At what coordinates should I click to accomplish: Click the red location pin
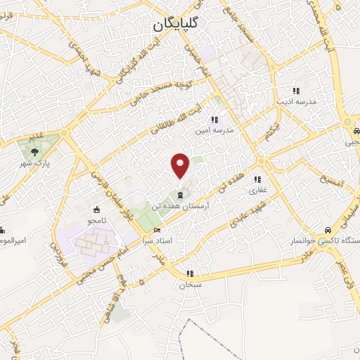coord(181,165)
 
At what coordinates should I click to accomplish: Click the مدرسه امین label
coord(222,131)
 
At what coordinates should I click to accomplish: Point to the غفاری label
coord(255,190)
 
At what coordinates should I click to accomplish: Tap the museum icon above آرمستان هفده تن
coord(181,195)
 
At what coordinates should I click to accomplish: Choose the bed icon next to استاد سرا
coord(157,230)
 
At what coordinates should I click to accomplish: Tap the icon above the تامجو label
coord(97,209)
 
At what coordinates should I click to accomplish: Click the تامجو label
coord(98,221)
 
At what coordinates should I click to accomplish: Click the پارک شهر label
coord(30,162)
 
